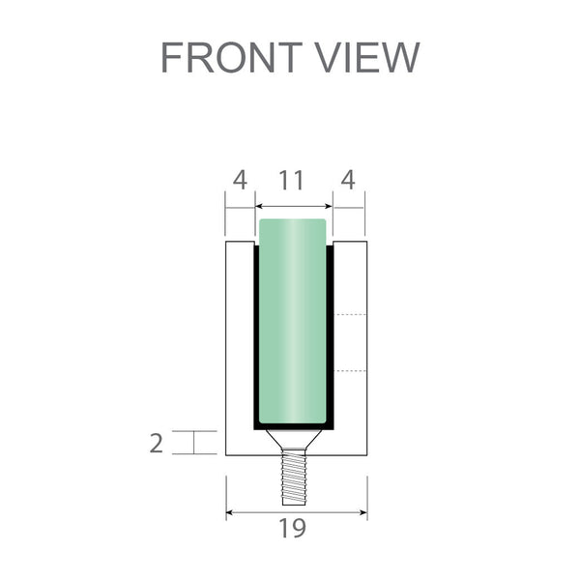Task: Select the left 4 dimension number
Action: [240, 180]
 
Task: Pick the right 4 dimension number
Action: [348, 180]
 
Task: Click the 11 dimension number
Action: [292, 180]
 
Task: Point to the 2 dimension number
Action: [157, 444]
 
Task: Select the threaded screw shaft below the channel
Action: [293, 479]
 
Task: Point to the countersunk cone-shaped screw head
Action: [293, 441]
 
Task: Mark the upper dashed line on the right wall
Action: [350, 315]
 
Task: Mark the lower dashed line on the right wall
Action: [350, 370]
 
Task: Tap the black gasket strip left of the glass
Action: [256, 338]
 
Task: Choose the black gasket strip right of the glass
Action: [330, 338]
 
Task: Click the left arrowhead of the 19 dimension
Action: [230, 511]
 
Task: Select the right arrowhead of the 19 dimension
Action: [362, 511]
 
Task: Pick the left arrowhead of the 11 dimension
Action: [259, 206]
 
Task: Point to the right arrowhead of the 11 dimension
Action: [328, 206]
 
